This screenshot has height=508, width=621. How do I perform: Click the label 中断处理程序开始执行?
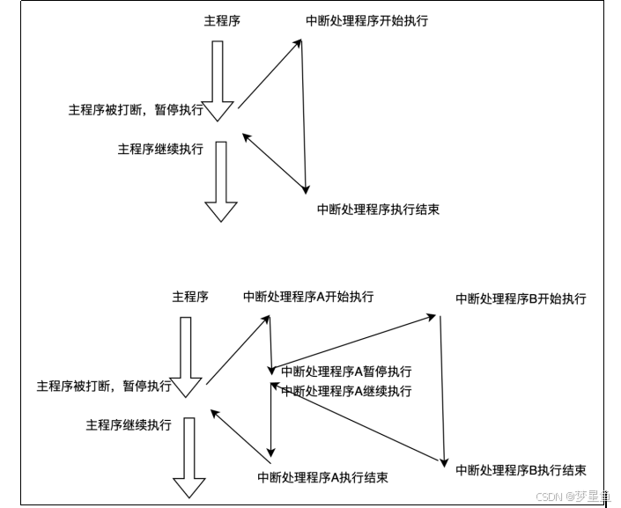366,19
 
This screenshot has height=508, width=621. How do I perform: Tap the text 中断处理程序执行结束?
378,210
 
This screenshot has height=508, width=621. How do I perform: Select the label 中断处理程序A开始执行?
308,297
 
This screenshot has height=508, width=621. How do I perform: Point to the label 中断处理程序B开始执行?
521,299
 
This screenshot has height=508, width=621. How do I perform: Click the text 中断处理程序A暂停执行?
346,372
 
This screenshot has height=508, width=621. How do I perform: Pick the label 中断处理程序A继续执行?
346,391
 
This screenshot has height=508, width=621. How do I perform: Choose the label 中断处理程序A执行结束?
322,477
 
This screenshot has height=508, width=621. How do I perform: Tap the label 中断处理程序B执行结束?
521,470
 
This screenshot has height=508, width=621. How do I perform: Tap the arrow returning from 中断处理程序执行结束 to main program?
275,162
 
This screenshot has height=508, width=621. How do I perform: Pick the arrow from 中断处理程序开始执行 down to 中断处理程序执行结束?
303,114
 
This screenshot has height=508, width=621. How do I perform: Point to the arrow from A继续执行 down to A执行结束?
272,421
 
